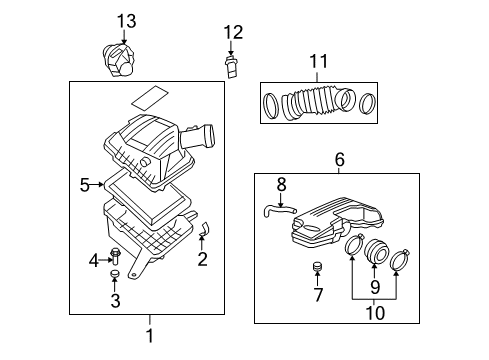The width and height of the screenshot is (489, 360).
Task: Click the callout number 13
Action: tap(125, 21)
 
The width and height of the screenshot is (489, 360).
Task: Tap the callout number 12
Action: tap(233, 32)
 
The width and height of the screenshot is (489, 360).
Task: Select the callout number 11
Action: tap(318, 62)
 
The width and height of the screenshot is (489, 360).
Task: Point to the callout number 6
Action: tap(339, 158)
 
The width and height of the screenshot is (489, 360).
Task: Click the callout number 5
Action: tap(86, 183)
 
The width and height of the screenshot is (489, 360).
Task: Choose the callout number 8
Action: tap(281, 184)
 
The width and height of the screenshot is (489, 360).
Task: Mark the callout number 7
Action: tap(319, 295)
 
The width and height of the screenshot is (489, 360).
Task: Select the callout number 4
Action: tap(94, 260)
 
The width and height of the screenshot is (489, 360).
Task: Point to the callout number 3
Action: tap(115, 300)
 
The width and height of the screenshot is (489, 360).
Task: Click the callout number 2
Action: tap(203, 261)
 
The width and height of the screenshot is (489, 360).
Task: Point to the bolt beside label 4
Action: tap(115, 255)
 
